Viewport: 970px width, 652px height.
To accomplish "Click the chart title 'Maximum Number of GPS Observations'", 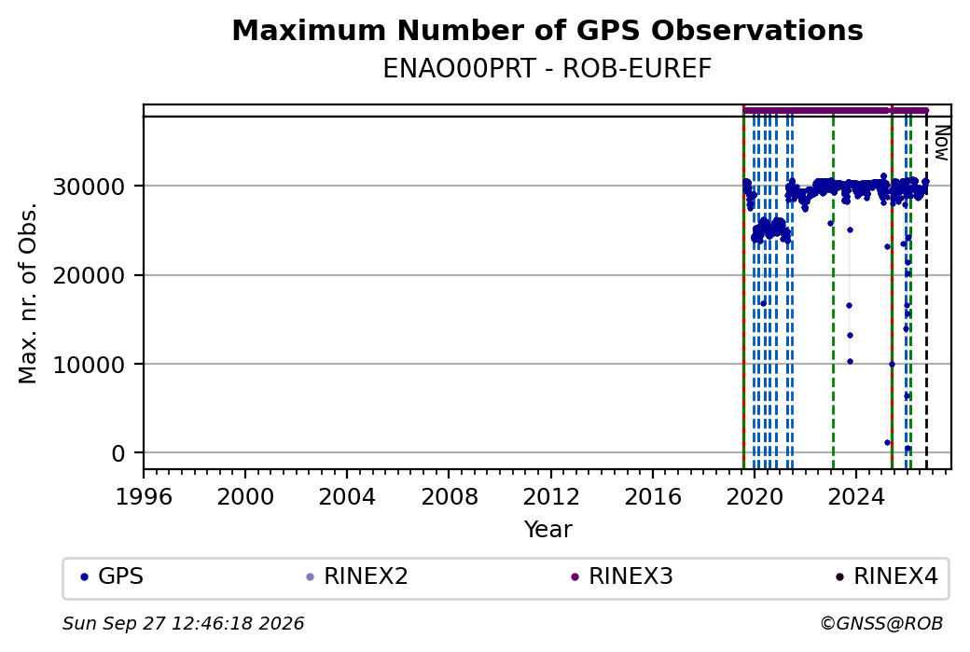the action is (x=547, y=30).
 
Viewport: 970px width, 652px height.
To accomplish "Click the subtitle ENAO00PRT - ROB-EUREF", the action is (x=547, y=69).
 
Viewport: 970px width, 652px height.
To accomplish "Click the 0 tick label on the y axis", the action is (x=118, y=453).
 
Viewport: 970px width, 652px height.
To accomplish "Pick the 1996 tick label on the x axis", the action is (x=144, y=496).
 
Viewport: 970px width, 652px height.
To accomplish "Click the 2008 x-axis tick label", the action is (x=450, y=496).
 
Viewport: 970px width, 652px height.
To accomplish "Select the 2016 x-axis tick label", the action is (x=653, y=496).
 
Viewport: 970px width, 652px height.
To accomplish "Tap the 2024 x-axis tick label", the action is (x=856, y=496).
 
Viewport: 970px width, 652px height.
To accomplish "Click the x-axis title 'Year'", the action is (x=548, y=530).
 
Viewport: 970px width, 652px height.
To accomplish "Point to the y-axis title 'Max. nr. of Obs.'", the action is (x=28, y=293).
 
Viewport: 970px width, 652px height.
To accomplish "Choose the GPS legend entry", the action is (x=112, y=576).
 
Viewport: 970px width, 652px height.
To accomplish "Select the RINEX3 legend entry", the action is (x=622, y=576).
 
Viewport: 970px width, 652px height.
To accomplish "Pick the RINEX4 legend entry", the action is (x=886, y=576).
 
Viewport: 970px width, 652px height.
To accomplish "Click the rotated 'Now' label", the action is (x=941, y=143).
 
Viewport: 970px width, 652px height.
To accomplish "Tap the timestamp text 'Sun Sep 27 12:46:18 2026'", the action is (x=184, y=623).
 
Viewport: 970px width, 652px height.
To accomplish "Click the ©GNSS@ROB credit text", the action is (x=881, y=623).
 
